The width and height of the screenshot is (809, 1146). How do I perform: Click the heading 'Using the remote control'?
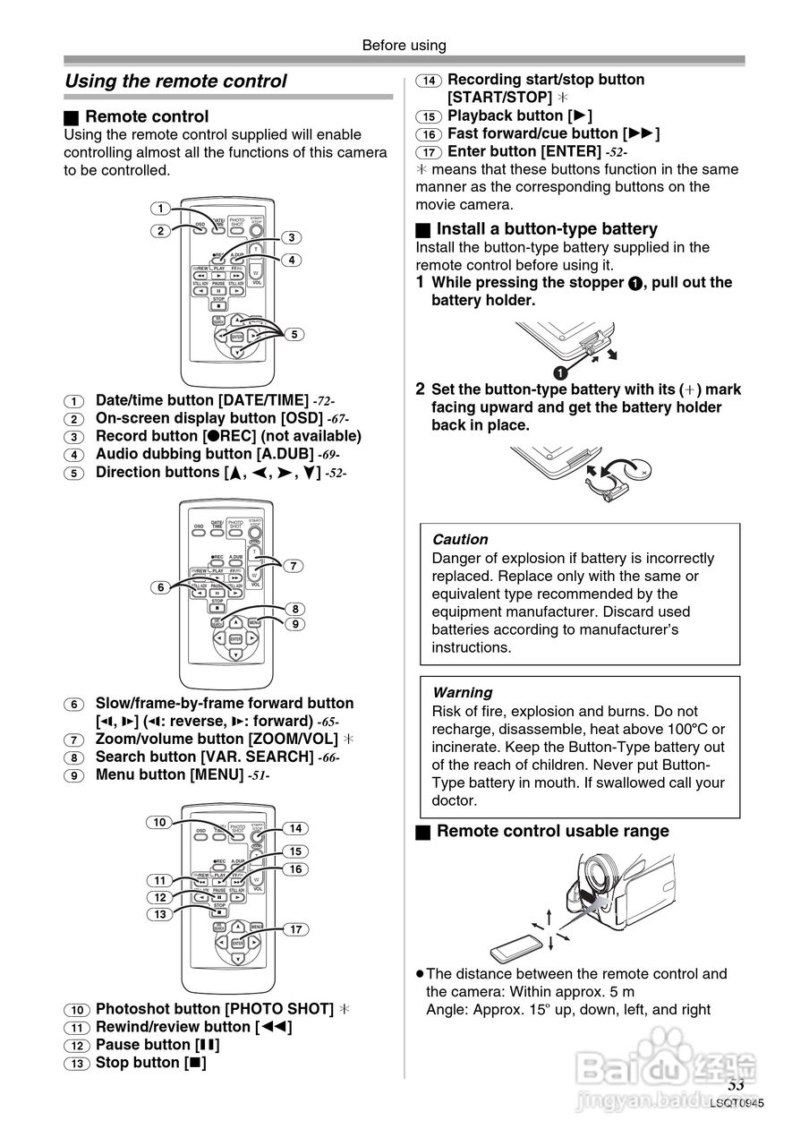tap(175, 81)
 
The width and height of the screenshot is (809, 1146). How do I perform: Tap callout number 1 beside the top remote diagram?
tap(160, 209)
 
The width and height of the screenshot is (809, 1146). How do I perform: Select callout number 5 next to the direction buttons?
tap(294, 334)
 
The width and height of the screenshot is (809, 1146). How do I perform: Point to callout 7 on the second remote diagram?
tap(292, 565)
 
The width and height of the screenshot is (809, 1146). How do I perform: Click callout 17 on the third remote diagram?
tap(296, 929)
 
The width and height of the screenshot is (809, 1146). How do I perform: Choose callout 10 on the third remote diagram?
tap(159, 822)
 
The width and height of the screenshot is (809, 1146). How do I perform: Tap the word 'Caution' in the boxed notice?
tap(460, 540)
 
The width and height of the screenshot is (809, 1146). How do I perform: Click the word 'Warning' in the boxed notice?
tap(462, 692)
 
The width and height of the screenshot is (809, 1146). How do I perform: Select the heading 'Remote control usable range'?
tap(552, 831)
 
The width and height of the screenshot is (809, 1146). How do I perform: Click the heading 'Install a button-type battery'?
tap(547, 229)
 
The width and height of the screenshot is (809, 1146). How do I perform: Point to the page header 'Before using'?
tap(404, 45)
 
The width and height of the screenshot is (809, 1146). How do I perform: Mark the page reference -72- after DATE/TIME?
tap(324, 401)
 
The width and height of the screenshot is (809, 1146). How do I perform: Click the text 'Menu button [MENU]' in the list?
tap(169, 774)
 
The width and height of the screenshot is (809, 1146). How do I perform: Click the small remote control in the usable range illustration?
tap(515, 945)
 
